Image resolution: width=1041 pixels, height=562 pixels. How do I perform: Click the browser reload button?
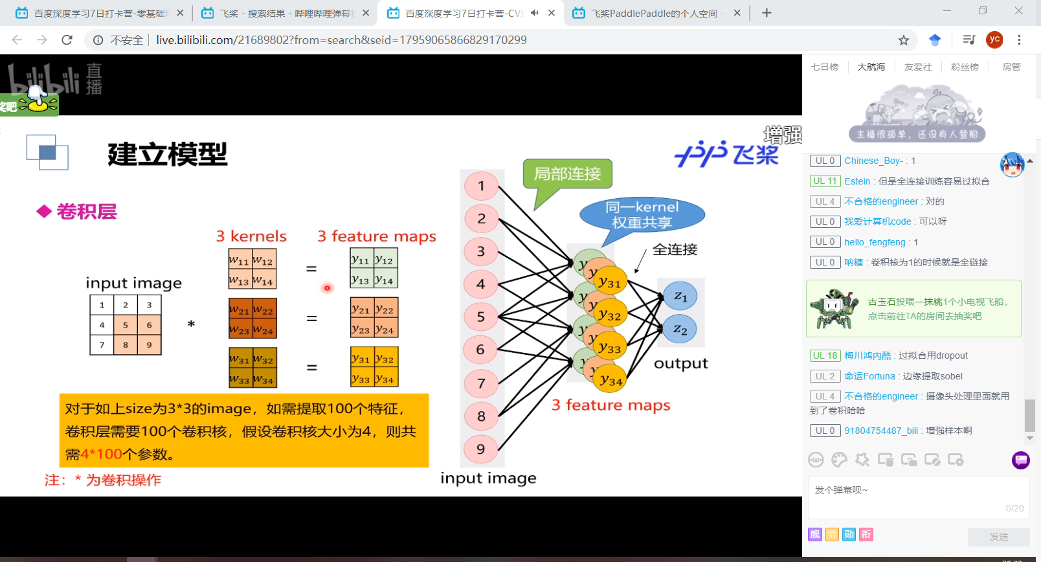(x=67, y=40)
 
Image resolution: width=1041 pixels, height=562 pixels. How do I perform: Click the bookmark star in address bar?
(x=904, y=40)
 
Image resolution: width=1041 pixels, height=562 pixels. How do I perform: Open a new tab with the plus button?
(x=767, y=13)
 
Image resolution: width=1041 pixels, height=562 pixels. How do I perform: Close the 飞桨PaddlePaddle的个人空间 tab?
(x=737, y=13)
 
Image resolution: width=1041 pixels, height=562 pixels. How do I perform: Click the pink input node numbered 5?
(x=481, y=317)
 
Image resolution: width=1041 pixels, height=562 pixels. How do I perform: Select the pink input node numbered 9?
(x=481, y=449)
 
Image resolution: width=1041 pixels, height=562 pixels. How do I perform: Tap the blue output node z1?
(x=680, y=296)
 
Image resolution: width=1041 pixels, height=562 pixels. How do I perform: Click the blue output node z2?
(x=680, y=329)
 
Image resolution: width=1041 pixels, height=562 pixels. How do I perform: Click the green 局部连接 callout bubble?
(x=568, y=174)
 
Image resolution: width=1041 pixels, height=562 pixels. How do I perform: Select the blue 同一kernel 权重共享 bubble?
(x=642, y=215)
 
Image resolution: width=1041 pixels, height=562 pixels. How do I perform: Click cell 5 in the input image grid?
(x=126, y=325)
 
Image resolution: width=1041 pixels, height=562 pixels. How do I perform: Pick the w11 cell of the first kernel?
(x=240, y=260)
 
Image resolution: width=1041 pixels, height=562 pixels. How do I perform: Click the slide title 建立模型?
(x=168, y=154)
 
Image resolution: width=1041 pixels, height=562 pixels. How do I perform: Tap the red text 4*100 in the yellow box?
(x=102, y=454)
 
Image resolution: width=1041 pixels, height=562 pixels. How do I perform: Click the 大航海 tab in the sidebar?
(x=871, y=67)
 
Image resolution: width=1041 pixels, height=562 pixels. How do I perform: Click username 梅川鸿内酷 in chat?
(x=867, y=355)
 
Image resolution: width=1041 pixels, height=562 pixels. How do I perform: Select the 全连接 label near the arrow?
(x=675, y=249)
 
